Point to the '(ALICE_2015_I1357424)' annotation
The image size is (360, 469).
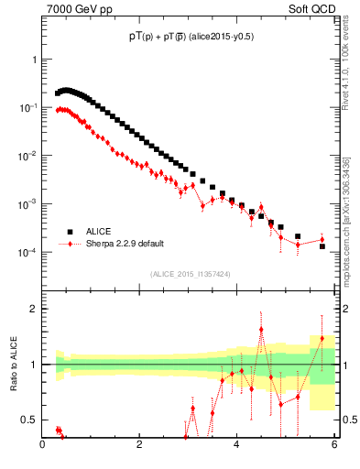pyautogui.click(x=191, y=273)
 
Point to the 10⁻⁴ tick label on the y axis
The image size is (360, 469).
pyautogui.click(x=28, y=252)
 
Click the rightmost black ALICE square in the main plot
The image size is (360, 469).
pyautogui.click(x=322, y=246)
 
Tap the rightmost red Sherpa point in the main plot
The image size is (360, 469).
pyautogui.click(x=322, y=240)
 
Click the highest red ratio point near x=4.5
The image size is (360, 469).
pyautogui.click(x=261, y=330)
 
